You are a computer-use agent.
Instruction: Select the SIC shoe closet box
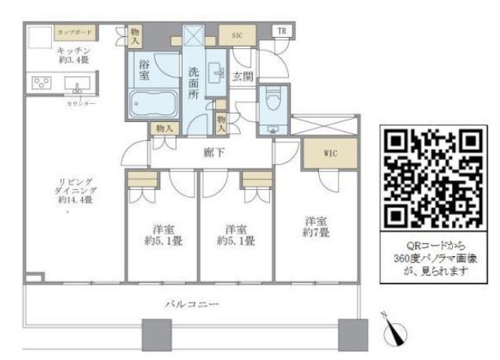(x=236, y=35)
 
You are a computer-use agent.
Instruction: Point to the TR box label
(x=281, y=32)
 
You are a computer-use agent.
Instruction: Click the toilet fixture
(x=272, y=103)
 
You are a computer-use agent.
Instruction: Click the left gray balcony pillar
(x=155, y=334)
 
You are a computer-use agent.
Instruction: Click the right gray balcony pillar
(x=352, y=334)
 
